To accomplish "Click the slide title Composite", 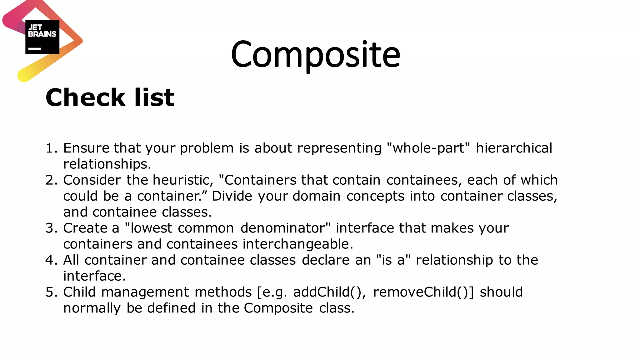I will pyautogui.click(x=316, y=55).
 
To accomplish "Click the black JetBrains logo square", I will pyautogui.click(x=42, y=37).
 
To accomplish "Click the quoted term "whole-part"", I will pyautogui.click(x=428, y=148).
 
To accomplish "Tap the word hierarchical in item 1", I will pyautogui.click(x=514, y=148).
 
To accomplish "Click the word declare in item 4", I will pyautogui.click(x=325, y=260).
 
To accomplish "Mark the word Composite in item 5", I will pyautogui.click(x=278, y=308).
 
